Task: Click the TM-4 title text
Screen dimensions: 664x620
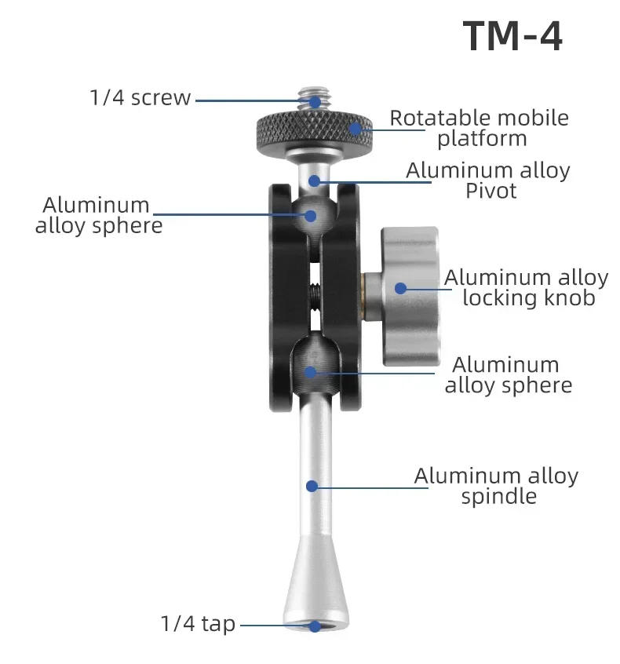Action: (x=512, y=37)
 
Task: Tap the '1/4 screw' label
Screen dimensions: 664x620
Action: (x=140, y=98)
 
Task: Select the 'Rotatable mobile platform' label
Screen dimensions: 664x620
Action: (x=479, y=129)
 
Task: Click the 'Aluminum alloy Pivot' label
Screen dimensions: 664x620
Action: (x=487, y=181)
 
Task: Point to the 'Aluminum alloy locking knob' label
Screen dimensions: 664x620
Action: (x=526, y=287)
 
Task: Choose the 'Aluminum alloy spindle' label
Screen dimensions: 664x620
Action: (x=496, y=486)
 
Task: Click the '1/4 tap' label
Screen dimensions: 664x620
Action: (x=198, y=624)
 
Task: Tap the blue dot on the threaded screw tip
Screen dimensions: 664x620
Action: (x=314, y=100)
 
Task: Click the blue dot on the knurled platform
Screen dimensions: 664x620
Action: (x=356, y=128)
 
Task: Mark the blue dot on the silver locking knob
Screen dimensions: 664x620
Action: (x=400, y=288)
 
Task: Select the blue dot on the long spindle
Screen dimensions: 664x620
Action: (x=312, y=486)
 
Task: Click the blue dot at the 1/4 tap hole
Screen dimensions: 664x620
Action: (x=314, y=626)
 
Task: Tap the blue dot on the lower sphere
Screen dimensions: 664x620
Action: (x=311, y=371)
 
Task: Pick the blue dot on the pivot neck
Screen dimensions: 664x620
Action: (x=314, y=181)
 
